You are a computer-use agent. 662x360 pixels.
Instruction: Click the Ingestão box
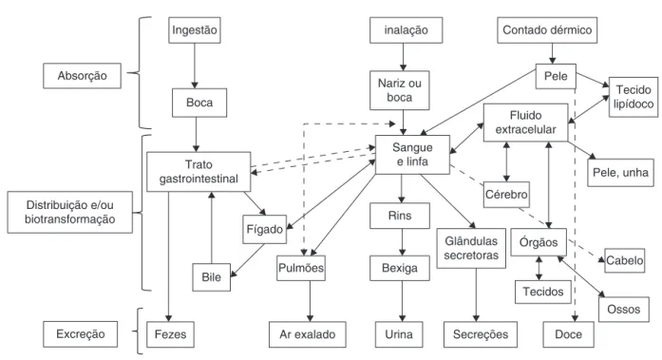[x=194, y=30]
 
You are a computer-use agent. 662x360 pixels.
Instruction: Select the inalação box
[x=407, y=30]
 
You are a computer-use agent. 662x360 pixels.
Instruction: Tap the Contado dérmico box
[x=547, y=30]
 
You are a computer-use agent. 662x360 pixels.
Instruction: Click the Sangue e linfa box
[x=412, y=155]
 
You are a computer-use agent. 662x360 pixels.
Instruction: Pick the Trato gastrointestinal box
[x=199, y=172]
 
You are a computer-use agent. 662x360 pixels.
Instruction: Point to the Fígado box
[x=265, y=229]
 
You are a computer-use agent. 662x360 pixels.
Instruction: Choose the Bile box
[x=212, y=277]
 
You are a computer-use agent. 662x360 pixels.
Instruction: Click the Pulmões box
[x=301, y=268]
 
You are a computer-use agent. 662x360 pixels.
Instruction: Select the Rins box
[x=400, y=216]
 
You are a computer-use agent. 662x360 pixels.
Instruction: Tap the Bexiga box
[x=400, y=268]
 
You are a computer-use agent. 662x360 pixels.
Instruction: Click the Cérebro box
[x=506, y=195]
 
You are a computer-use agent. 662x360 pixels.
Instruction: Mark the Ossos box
[x=624, y=310]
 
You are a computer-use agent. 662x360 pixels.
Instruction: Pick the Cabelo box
[x=624, y=260]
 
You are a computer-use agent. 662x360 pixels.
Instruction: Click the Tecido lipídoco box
[x=634, y=97]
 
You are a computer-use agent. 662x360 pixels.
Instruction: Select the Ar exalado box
[x=308, y=334]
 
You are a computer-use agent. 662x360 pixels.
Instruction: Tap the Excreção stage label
[x=80, y=333]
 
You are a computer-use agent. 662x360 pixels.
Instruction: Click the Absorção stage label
[x=83, y=76]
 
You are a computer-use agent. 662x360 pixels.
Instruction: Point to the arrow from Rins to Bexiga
[x=402, y=242]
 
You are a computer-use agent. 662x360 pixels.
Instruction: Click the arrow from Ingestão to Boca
[x=195, y=66]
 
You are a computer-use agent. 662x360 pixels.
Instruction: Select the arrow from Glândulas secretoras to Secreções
[x=476, y=295]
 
